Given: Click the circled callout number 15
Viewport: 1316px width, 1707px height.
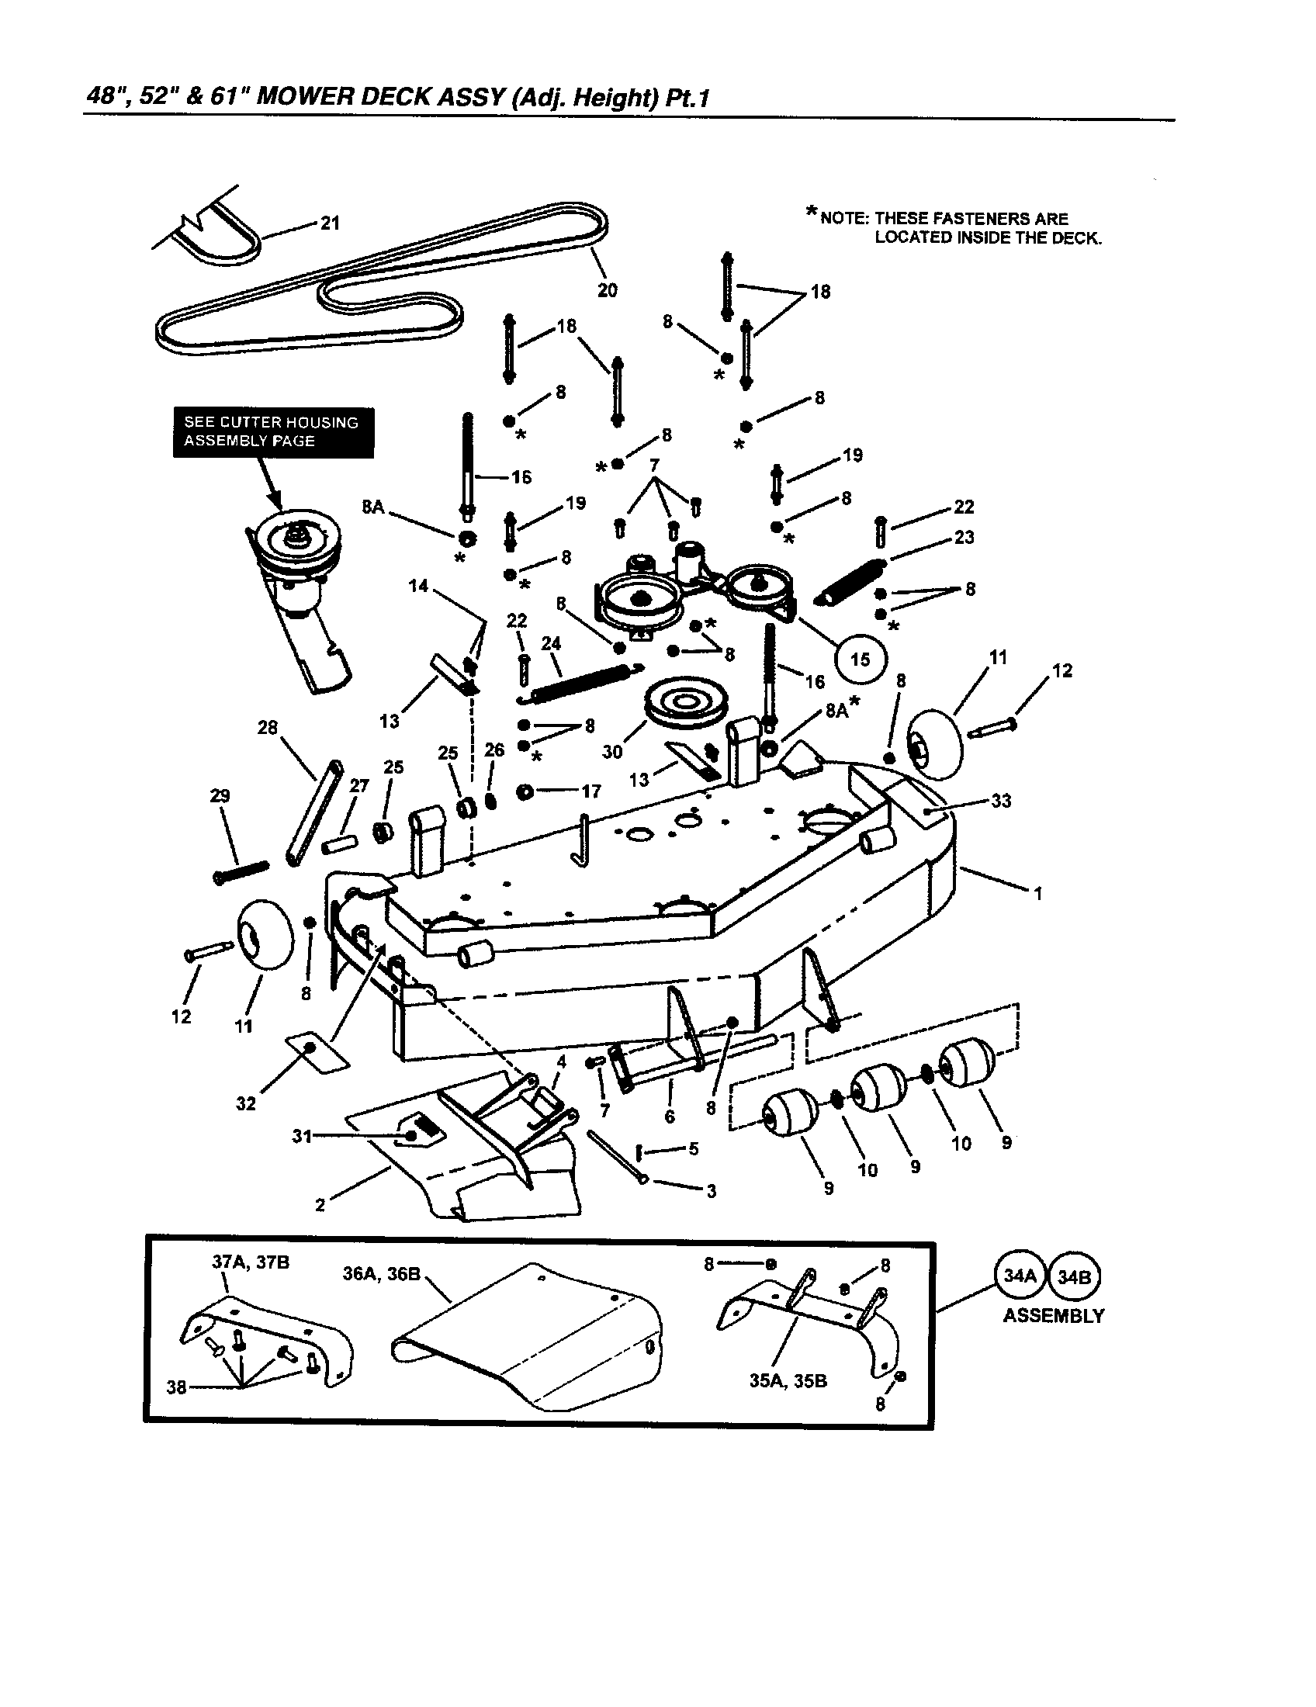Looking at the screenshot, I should pyautogui.click(x=860, y=659).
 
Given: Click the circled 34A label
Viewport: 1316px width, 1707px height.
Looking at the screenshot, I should pyautogui.click(x=1019, y=1276).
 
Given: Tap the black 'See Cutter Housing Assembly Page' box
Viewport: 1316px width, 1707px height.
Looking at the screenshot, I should pyautogui.click(x=272, y=432).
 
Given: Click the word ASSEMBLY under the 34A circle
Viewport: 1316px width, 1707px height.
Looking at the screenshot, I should pyautogui.click(x=1054, y=1315).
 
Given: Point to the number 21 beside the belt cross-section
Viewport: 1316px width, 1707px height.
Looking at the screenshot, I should pyautogui.click(x=331, y=223).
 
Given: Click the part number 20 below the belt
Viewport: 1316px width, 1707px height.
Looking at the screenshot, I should pyautogui.click(x=608, y=290).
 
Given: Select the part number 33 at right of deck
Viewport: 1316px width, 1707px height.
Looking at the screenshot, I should pyautogui.click(x=1000, y=801).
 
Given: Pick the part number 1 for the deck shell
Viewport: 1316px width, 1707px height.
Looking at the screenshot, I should pyautogui.click(x=1037, y=893).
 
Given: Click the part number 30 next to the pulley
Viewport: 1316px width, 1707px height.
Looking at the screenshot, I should pyautogui.click(x=612, y=752).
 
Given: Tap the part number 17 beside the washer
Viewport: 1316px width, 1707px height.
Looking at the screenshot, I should pyautogui.click(x=590, y=791).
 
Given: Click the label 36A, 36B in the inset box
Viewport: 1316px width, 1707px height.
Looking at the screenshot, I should pyautogui.click(x=381, y=1274).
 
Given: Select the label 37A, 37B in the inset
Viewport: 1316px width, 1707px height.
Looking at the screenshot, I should pyautogui.click(x=251, y=1262).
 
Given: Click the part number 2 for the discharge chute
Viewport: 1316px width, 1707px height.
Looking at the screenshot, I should pyautogui.click(x=320, y=1205).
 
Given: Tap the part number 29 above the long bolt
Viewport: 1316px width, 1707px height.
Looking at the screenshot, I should pyautogui.click(x=220, y=795).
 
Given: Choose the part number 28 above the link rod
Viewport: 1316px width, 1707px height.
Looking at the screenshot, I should pyautogui.click(x=267, y=728).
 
